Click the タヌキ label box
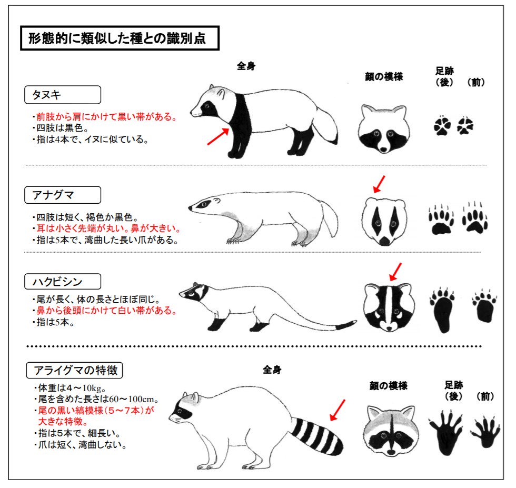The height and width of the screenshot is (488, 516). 63,95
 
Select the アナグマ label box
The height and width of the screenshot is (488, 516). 63,195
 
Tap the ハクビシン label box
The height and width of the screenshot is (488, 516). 63,281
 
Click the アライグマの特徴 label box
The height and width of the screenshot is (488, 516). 75,371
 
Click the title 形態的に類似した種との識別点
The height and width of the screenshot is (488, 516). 120,39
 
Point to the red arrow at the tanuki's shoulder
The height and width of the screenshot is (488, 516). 217,136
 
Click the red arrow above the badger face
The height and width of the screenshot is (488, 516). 379,184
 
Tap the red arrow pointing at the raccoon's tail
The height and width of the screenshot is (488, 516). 337,410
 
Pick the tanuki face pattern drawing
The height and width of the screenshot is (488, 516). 383,128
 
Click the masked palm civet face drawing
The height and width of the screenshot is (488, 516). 389,307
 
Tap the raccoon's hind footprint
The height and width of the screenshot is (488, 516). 446,431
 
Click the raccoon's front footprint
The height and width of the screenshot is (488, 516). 485,431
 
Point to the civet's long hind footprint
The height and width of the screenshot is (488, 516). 443,310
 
